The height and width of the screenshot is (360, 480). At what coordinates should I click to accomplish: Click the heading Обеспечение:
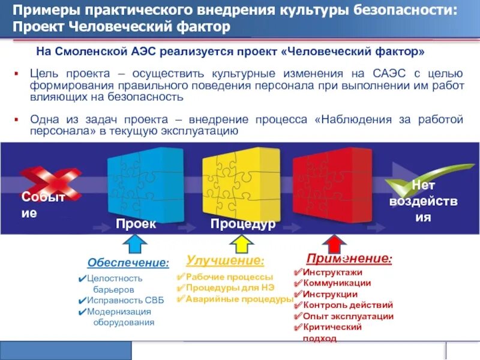pos(128,263)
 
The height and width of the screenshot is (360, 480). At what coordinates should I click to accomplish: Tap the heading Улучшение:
pos(225,260)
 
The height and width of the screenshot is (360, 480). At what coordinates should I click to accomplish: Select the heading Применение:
pos(349,259)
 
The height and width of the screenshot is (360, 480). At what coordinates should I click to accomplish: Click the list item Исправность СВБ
pos(119,300)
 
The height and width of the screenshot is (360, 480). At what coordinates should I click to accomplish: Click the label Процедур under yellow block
pos(242,224)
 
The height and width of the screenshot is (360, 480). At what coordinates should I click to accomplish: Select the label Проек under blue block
pos(136,224)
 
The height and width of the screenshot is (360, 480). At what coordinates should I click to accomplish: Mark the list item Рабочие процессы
pos(229,277)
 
